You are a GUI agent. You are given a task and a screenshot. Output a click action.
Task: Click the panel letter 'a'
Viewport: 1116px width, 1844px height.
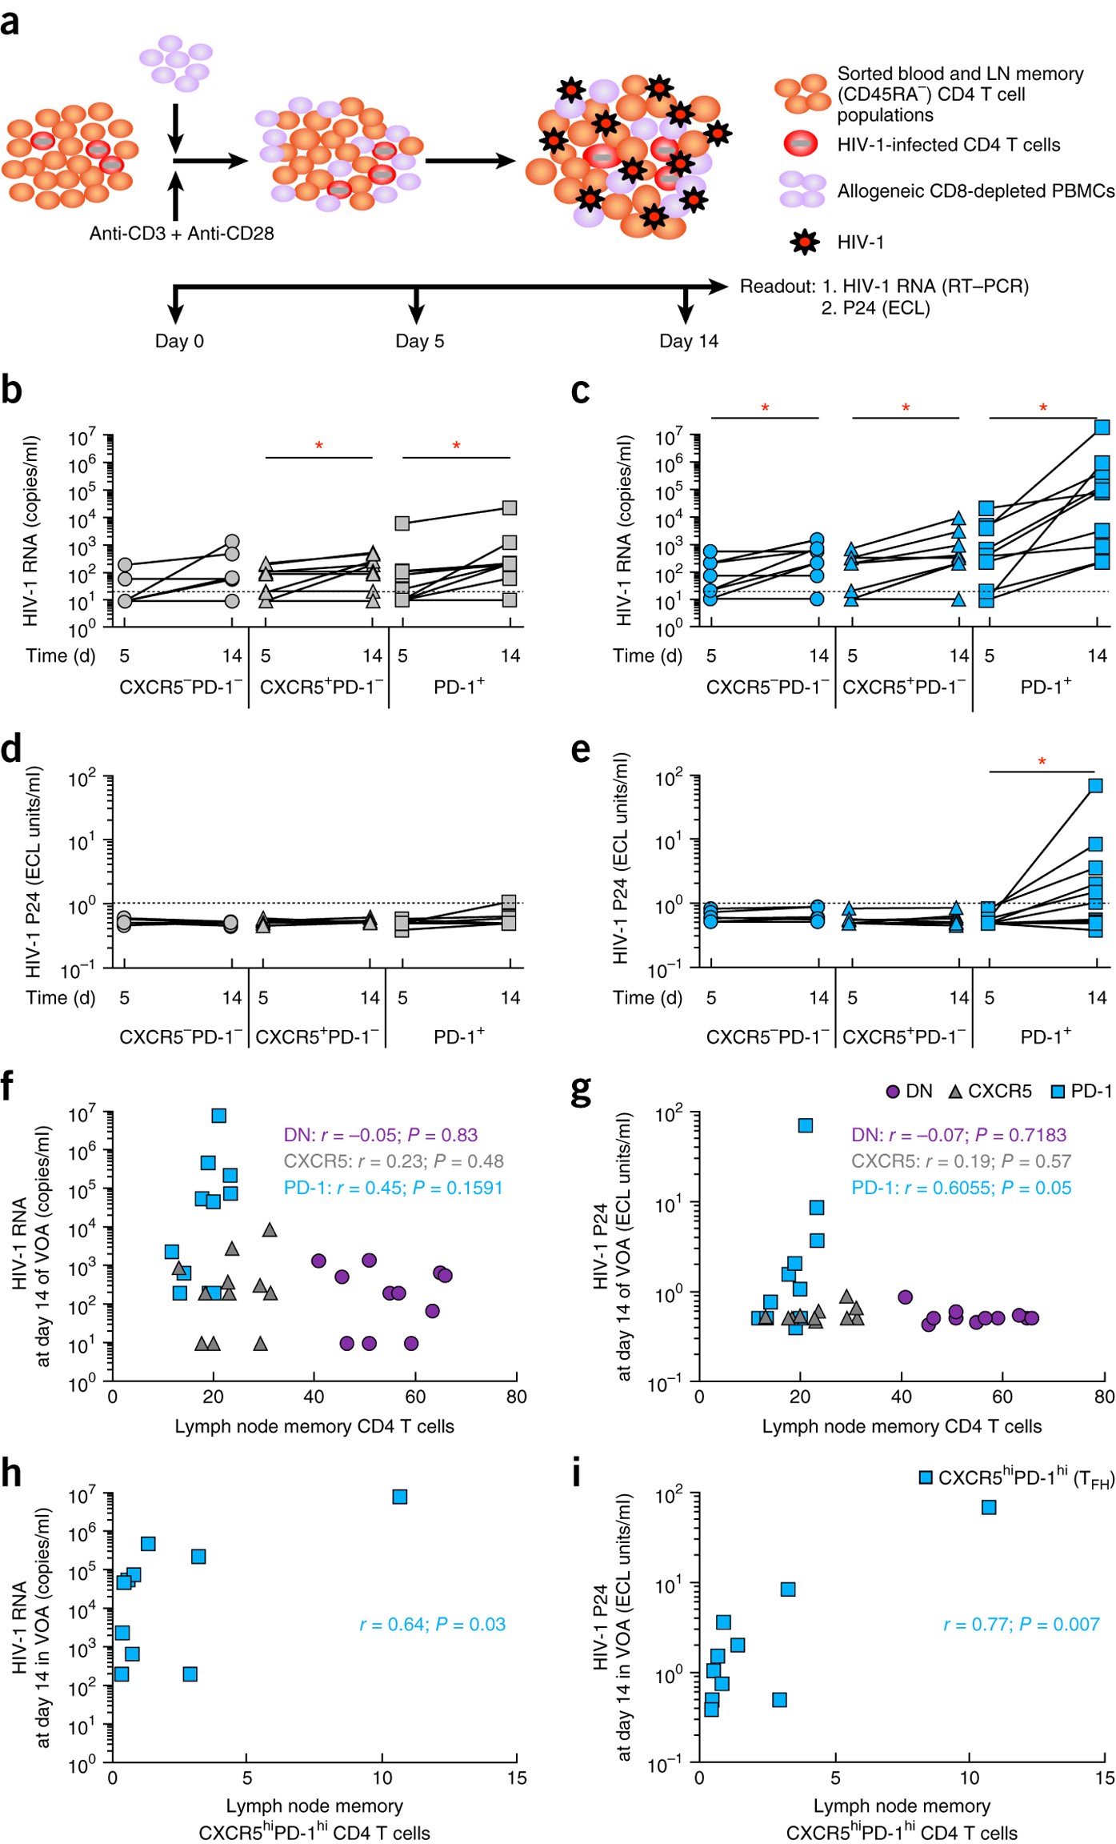(x=10, y=22)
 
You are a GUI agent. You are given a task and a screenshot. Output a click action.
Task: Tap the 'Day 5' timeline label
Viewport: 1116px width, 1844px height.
(x=419, y=341)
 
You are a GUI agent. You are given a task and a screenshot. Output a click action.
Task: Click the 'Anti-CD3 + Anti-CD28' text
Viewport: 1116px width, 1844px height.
(x=182, y=234)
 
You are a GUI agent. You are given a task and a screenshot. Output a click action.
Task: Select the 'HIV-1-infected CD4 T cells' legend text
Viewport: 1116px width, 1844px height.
(x=949, y=145)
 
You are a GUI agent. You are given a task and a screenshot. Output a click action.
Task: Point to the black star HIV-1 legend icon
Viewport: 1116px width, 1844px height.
(x=804, y=242)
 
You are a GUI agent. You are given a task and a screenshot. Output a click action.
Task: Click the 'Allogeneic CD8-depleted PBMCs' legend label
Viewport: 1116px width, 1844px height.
(x=976, y=191)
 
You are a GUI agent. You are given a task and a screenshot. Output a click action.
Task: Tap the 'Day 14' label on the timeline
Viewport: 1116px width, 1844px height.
(x=689, y=341)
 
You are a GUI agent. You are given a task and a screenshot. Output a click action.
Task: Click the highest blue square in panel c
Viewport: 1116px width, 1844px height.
(x=1102, y=427)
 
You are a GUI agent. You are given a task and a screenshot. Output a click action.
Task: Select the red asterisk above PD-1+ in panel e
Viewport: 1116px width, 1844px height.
(x=1042, y=761)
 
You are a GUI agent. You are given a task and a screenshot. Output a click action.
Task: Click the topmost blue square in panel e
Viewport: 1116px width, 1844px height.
(x=1095, y=785)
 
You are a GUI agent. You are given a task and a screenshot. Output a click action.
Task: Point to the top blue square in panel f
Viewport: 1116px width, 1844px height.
(x=218, y=1115)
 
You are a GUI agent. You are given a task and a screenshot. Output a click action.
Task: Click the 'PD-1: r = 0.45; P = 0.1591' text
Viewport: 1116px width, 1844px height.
(x=394, y=1188)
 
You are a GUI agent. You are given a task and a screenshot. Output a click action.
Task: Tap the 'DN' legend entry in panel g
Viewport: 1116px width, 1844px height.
(x=910, y=1091)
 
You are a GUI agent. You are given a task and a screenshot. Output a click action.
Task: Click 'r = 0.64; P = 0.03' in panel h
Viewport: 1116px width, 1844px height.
(x=433, y=1624)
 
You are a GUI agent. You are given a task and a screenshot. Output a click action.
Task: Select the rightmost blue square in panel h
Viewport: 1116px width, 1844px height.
(x=400, y=1497)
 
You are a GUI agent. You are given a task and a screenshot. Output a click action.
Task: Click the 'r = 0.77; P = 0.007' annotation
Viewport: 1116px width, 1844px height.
(x=1022, y=1624)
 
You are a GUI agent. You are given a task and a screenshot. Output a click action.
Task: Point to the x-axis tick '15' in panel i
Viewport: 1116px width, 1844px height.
(x=1105, y=1778)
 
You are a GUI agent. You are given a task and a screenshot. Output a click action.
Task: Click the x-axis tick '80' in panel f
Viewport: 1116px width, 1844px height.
(x=517, y=1397)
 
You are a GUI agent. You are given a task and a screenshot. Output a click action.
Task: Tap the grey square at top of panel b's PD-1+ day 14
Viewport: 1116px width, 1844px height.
(x=510, y=507)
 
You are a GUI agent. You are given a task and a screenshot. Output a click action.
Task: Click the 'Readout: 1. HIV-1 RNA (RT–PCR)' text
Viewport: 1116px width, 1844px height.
(x=884, y=287)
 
